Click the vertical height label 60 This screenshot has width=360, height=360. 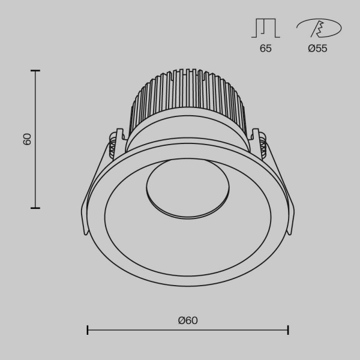[x=27, y=139]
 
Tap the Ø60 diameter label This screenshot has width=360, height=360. [x=188, y=320]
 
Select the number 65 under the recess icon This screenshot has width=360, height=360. [x=265, y=49]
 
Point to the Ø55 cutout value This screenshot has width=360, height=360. [x=317, y=49]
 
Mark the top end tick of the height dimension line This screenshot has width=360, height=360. [x=35, y=71]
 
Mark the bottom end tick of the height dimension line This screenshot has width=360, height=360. [x=35, y=208]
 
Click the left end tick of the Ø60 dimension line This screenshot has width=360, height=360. [x=88, y=330]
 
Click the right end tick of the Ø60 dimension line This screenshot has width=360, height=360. [x=289, y=330]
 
